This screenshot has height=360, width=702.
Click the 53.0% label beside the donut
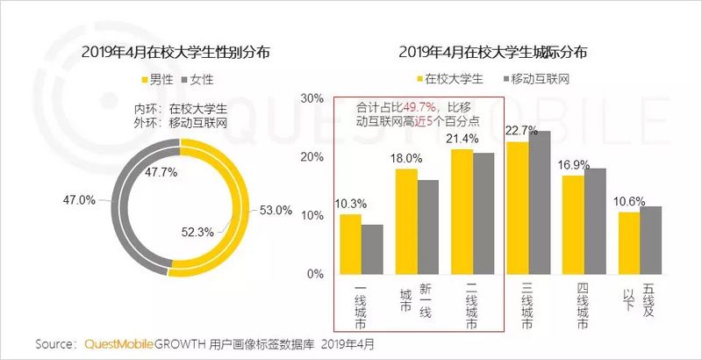coord(276,210)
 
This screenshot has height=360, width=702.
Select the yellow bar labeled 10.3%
coord(350,244)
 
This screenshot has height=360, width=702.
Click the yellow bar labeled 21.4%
coord(462,212)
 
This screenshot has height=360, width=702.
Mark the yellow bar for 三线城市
coord(517,208)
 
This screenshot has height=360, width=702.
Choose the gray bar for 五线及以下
coord(650,240)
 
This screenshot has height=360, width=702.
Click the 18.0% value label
coord(405,159)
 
